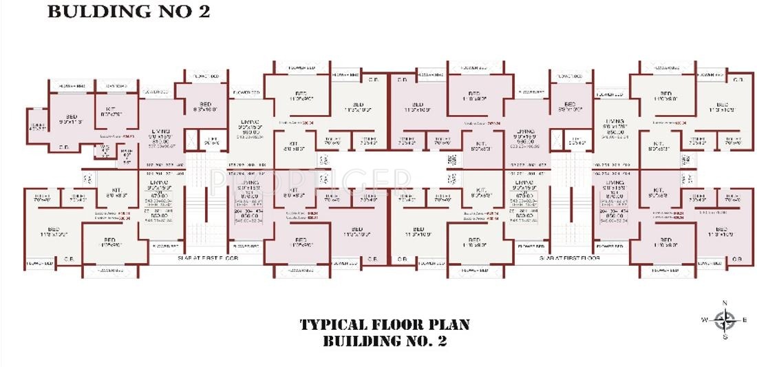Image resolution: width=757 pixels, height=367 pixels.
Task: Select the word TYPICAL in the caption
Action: click(334, 325)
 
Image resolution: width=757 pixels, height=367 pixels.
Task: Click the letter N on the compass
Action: click(724, 304)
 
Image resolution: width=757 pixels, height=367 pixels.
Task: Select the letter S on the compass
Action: click(724, 337)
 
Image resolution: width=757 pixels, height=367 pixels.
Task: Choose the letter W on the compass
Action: click(704, 320)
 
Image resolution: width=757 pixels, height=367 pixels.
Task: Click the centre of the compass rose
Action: click(724, 320)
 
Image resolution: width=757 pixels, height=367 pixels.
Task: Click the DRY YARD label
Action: click(116, 86)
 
